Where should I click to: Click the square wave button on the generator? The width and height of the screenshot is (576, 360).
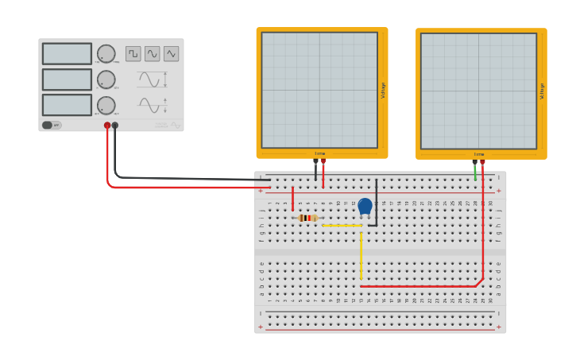pos(133,54)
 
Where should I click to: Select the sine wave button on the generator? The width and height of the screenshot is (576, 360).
pos(153,54)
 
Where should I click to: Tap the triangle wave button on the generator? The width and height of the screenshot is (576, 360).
pos(172,54)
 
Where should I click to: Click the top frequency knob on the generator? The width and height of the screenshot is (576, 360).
pos(106,54)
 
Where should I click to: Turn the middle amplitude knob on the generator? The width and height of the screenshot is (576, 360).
pos(106,79)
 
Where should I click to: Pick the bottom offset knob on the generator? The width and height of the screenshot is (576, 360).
pos(106,105)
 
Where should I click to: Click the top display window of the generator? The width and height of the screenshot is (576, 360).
pos(67,54)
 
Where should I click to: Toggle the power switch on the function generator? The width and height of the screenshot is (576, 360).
pos(52,125)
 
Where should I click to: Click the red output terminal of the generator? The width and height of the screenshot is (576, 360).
pos(107,126)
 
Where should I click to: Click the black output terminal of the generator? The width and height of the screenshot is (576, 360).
pos(115,126)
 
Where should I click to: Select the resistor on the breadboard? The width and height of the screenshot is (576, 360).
pos(307,218)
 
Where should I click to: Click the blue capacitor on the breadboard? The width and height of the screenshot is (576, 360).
pos(365,207)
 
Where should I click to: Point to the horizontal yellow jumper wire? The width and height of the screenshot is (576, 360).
pos(342,226)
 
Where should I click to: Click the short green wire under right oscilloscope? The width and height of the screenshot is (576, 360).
pos(475,172)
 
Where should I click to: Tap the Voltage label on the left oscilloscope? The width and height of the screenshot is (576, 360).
pos(383,90)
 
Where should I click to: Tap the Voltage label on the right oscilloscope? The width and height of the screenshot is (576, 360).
pos(542,90)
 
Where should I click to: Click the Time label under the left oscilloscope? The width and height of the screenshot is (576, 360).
pos(320,153)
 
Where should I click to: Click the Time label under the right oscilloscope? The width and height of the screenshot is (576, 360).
pos(479,153)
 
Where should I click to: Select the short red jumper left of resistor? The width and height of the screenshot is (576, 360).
pos(292,199)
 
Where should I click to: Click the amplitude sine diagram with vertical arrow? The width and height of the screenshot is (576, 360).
pos(152,79)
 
